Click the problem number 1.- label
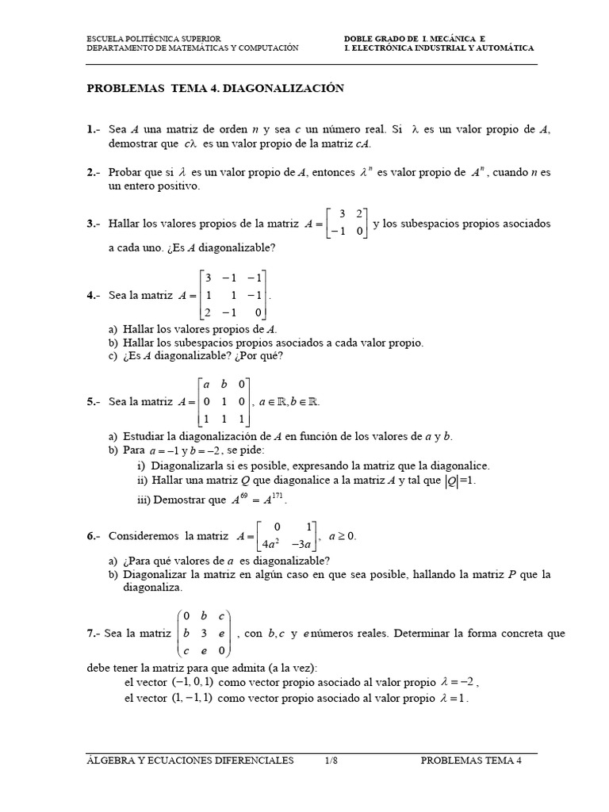tap(94, 129)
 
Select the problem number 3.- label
tap(94, 224)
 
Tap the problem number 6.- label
tap(94, 536)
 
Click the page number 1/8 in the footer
tap(331, 760)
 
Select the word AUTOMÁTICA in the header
tap(502, 48)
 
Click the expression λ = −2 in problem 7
tap(458, 682)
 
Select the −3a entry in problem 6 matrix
tap(302, 544)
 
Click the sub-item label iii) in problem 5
tap(144, 500)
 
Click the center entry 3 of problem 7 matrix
tap(204, 634)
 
